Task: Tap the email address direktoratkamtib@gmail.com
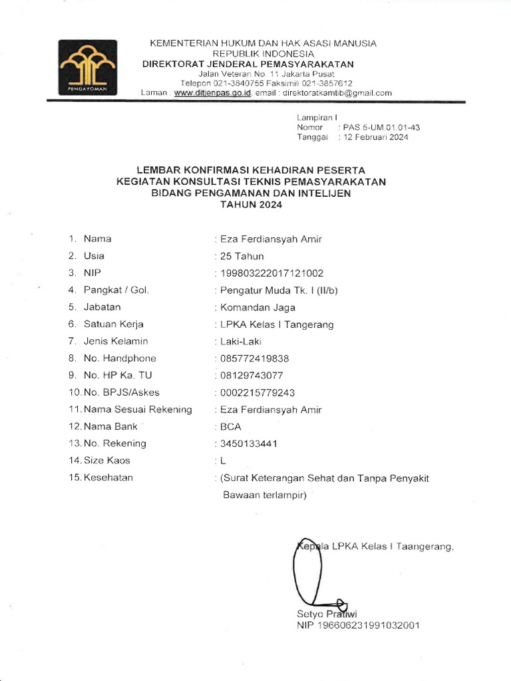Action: pos(337,93)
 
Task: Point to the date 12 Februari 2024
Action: pos(375,138)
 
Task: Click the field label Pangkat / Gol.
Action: pos(116,290)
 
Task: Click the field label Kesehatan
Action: pos(108,477)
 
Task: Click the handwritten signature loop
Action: pos(307,565)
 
